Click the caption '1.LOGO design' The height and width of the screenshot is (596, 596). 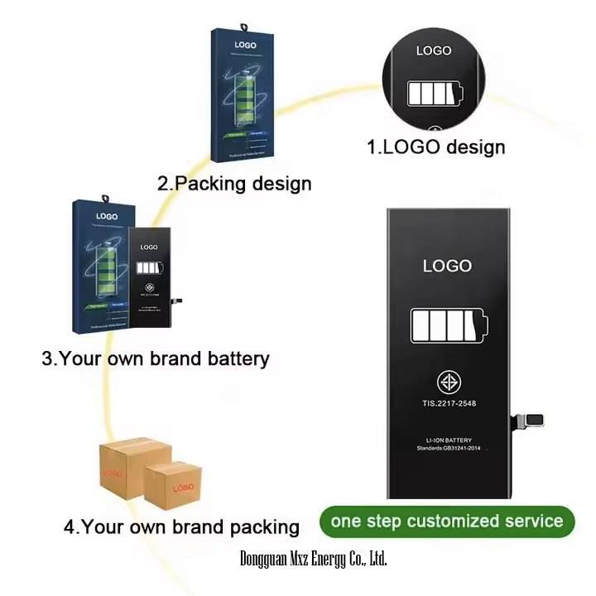click(435, 147)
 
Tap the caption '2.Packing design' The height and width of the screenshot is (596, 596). click(234, 183)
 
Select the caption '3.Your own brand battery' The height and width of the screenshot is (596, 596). click(156, 358)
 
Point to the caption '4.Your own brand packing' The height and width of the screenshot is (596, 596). click(181, 526)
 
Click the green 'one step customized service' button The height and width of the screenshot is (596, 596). click(447, 521)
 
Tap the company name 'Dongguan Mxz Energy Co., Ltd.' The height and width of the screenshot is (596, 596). click(313, 559)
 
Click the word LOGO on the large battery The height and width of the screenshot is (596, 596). click(447, 266)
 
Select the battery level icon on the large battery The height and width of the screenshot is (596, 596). click(447, 324)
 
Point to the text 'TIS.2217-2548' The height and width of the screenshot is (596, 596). click(447, 406)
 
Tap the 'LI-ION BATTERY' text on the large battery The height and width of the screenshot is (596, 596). click(447, 439)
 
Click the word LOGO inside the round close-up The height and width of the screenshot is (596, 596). click(435, 50)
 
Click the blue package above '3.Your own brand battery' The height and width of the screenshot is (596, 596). click(100, 264)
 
